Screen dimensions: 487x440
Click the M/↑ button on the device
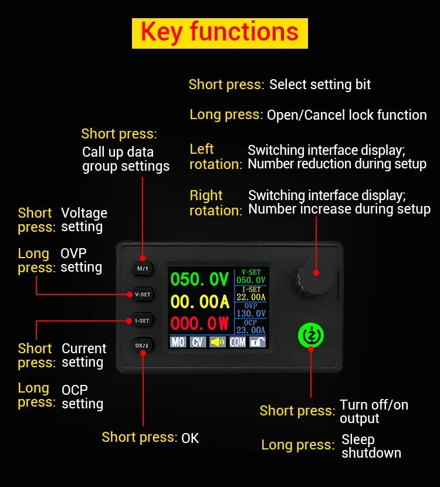coord(143,269)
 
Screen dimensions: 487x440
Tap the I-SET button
coord(143,320)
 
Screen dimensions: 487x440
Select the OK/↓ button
coord(143,346)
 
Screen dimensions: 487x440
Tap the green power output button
coord(310,335)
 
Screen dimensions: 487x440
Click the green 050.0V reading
coord(199,279)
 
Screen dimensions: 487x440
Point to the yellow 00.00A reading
coord(199,302)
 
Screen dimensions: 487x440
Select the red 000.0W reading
coord(199,323)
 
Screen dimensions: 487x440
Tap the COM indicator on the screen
coord(238,341)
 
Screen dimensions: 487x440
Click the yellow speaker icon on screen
coord(217,341)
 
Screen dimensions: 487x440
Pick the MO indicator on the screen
coord(178,341)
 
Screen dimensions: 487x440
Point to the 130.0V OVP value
coord(251,314)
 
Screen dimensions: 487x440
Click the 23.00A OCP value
coord(251,330)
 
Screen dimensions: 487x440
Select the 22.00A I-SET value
coord(251,297)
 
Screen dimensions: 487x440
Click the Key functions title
coord(219,33)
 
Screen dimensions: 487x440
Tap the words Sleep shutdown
coord(371,446)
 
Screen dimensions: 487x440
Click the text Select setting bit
coord(320,84)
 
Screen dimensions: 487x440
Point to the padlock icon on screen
coord(256,342)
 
